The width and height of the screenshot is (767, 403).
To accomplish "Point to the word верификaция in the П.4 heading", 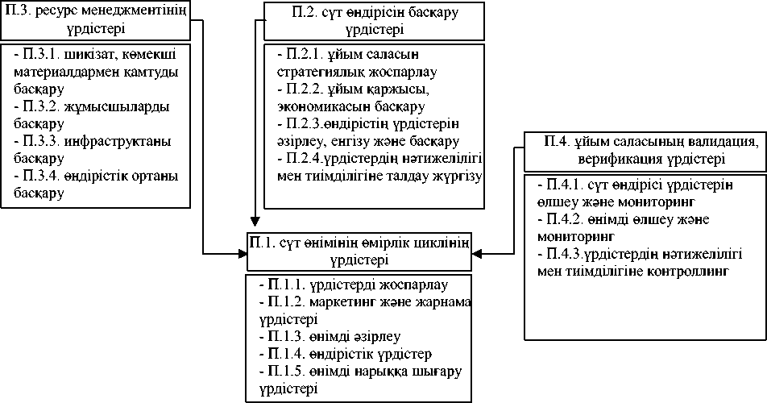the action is [x=618, y=160].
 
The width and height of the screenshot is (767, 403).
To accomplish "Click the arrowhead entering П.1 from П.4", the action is [x=478, y=253].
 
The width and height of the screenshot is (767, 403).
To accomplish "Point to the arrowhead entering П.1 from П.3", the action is [x=243, y=253].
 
